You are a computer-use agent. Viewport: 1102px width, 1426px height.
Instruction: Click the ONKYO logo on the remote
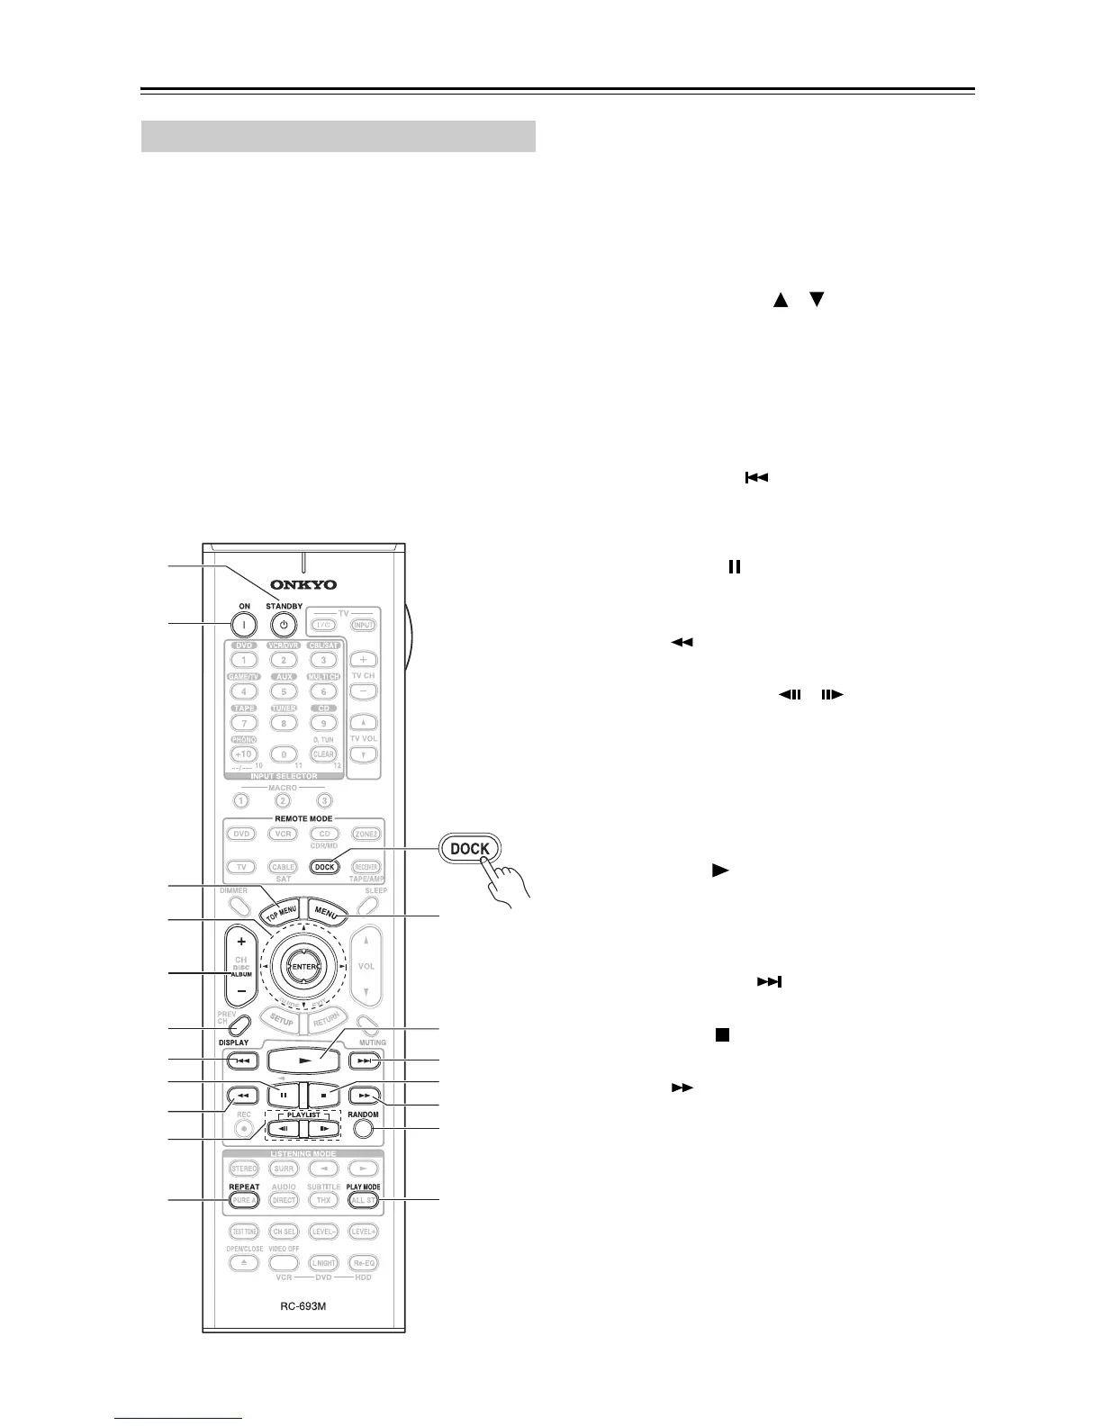point(304,585)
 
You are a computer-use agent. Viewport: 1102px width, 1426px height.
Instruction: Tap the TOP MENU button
point(280,910)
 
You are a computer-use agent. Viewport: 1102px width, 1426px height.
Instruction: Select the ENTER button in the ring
point(303,967)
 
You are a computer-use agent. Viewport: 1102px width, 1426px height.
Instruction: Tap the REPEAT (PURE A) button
point(244,1200)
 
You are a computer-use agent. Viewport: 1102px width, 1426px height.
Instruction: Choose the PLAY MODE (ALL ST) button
point(364,1200)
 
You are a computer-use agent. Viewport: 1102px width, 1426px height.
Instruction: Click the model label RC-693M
point(303,1305)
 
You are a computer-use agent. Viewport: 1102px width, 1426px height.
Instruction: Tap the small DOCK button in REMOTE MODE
point(324,867)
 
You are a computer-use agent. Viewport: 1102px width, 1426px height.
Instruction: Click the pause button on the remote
point(283,1097)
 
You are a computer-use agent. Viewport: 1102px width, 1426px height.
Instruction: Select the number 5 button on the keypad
point(284,691)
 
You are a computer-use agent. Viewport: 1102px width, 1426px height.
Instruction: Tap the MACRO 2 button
point(284,800)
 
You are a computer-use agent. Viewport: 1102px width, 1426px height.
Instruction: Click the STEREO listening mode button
point(244,1169)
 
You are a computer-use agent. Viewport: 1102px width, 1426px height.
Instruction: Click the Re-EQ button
point(364,1263)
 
